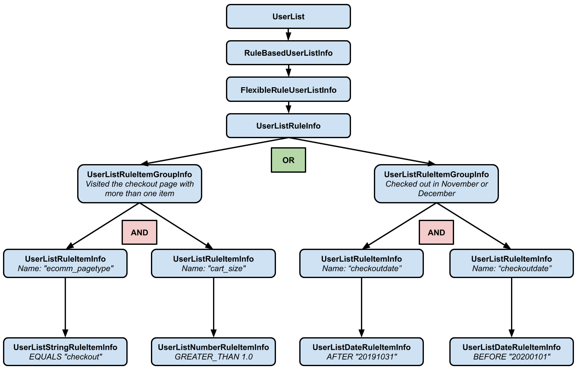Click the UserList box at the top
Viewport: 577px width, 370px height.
click(x=288, y=16)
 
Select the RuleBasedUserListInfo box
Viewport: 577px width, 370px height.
click(x=288, y=53)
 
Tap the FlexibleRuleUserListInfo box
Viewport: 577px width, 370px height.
click(x=288, y=90)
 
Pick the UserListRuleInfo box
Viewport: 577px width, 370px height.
click(x=288, y=126)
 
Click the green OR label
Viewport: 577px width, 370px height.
click(x=288, y=160)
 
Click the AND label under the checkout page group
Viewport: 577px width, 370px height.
click(x=139, y=232)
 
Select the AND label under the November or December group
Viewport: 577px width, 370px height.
click(x=436, y=232)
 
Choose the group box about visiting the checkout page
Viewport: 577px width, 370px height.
click(x=140, y=184)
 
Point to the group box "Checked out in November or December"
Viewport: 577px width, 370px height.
click(x=436, y=184)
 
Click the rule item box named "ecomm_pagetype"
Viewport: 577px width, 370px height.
click(x=66, y=263)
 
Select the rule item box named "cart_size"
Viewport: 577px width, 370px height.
click(x=213, y=263)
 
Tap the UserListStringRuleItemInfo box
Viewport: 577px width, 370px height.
click(x=66, y=352)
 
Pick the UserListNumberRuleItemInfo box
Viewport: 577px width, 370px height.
click(x=213, y=352)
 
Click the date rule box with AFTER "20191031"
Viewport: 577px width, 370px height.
click(x=361, y=352)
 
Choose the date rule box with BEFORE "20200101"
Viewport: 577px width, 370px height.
click(x=511, y=352)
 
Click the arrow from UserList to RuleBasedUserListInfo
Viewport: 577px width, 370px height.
click(x=288, y=35)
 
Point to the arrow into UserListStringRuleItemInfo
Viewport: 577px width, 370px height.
click(x=66, y=307)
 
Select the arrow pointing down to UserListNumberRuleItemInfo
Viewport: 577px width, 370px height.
click(x=213, y=307)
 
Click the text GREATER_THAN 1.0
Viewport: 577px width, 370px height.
click(x=213, y=357)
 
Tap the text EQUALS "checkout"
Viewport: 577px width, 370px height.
click(x=66, y=357)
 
